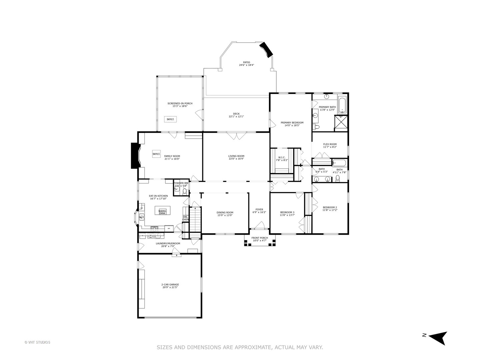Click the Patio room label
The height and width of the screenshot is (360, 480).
pos(246,62)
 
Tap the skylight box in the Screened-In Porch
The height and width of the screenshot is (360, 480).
pos(170,119)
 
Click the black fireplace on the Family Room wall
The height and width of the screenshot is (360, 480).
pos(135,156)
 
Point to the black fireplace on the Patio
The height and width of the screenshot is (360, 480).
pos(267,49)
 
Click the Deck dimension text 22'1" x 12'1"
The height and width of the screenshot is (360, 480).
pos(236,117)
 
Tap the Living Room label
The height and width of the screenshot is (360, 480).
pos(236,156)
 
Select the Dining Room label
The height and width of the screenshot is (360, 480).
pos(225,212)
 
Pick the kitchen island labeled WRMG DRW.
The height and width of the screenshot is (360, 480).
pos(162,211)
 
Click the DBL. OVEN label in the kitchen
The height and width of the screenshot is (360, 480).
pos(186,218)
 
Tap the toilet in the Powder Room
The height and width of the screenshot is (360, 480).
pos(185,191)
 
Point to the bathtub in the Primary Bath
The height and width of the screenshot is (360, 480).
pos(342,106)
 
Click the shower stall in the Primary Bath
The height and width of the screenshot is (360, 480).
pos(341,123)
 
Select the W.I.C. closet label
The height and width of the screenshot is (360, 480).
pos(282,157)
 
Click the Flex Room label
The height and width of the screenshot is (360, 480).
pos(330,144)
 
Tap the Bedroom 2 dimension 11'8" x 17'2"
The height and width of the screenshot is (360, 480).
pos(330,210)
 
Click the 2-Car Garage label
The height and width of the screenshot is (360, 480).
pos(170,284)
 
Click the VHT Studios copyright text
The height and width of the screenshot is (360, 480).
pos(37,342)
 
